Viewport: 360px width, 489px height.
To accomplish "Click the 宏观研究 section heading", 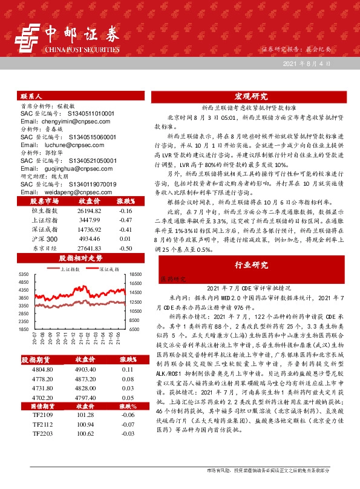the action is coord(250,96).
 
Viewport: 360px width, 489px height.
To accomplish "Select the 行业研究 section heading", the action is coord(250,265).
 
